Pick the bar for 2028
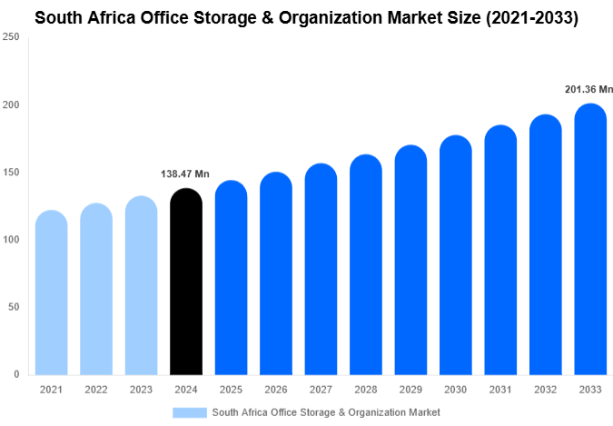click(365, 264)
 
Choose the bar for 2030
click(455, 255)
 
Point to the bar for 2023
click(141, 285)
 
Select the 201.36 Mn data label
click(589, 89)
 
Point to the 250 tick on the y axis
click(12, 37)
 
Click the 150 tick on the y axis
click(12, 173)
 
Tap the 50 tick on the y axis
click(15, 307)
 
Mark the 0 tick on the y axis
click(17, 374)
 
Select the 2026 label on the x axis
click(275, 390)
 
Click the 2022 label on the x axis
click(96, 390)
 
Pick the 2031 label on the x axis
click(499, 390)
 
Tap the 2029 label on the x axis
click(410, 390)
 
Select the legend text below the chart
click(326, 412)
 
